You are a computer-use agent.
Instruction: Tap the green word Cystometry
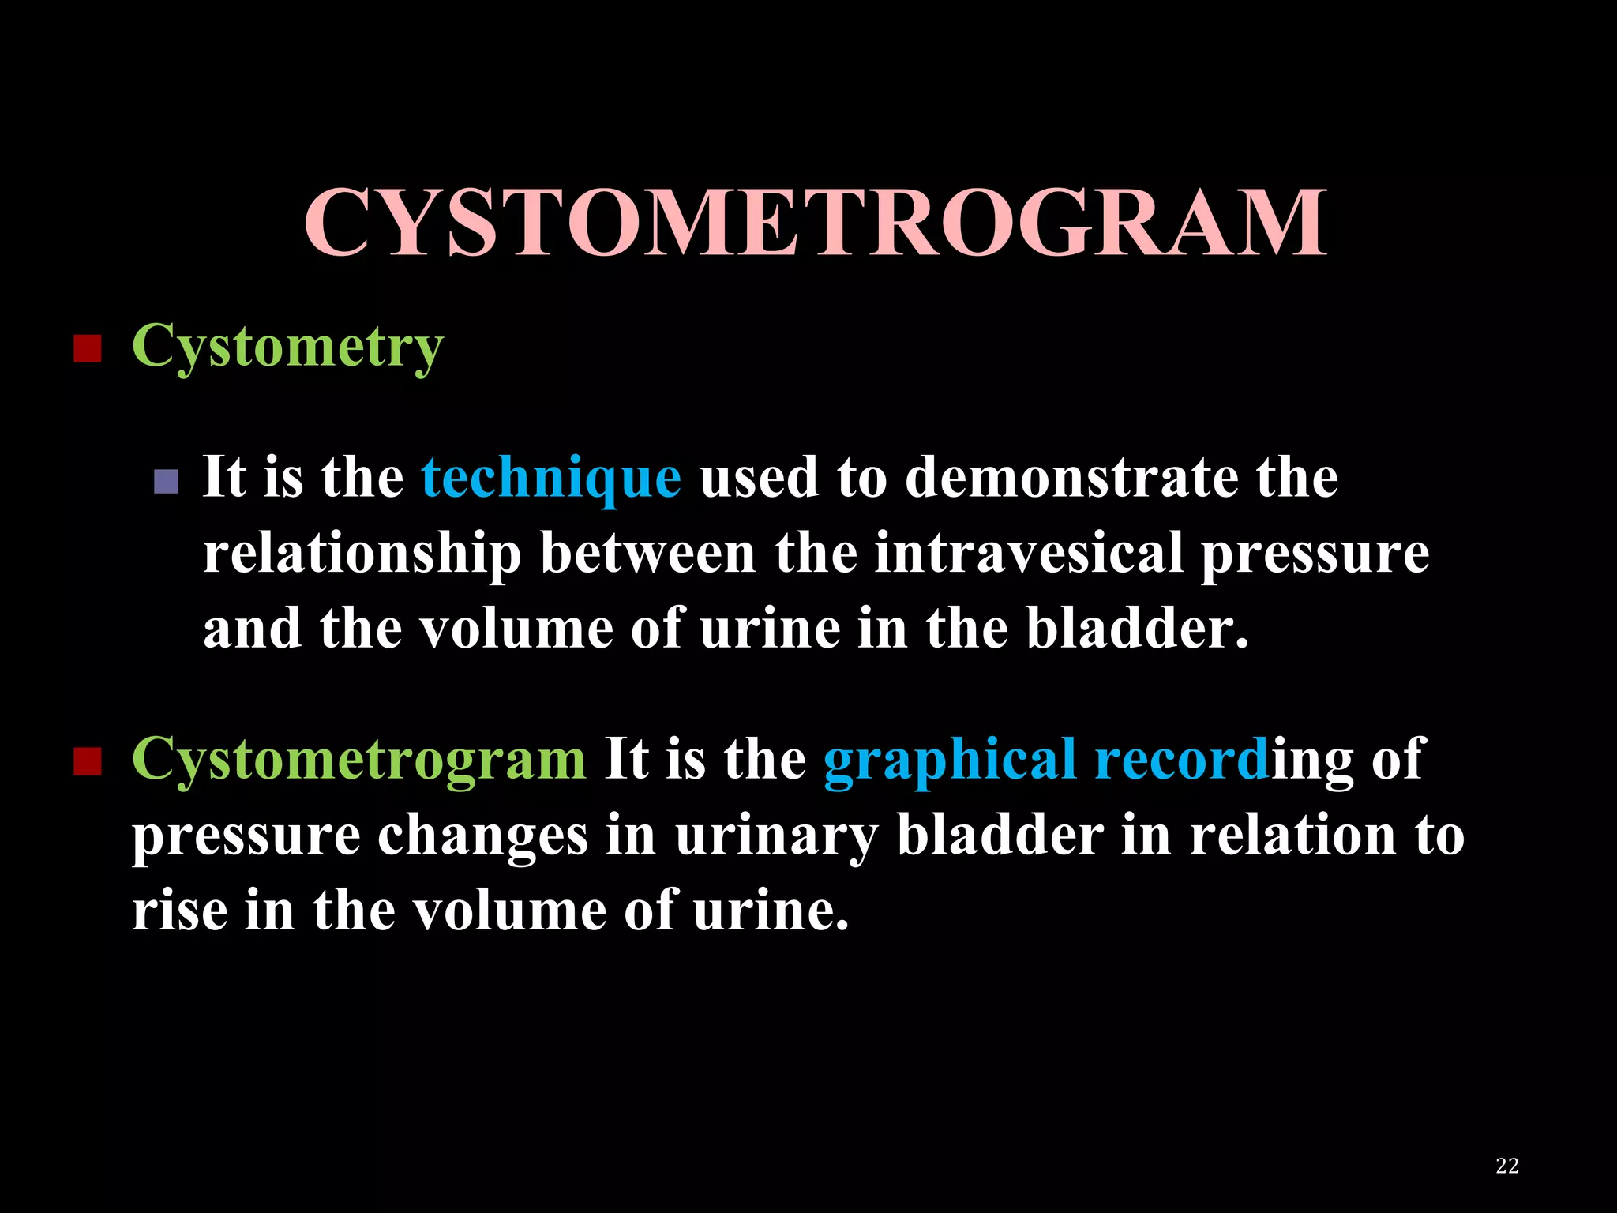tap(287, 347)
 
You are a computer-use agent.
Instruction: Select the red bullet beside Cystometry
tap(87, 348)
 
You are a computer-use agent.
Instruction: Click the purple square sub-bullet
tap(166, 481)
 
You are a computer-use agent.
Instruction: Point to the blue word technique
tap(551, 479)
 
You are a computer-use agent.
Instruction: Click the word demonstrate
tap(1071, 479)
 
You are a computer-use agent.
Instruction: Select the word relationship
tap(362, 554)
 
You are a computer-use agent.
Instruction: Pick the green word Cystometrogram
tap(358, 759)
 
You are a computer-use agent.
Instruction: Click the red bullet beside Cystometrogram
tap(87, 762)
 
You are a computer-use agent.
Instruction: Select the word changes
tap(482, 836)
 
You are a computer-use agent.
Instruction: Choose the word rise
tap(179, 911)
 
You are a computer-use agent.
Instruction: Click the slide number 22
tap(1506, 1166)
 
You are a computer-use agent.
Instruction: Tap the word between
tap(647, 554)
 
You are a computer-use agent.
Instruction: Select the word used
tap(759, 479)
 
